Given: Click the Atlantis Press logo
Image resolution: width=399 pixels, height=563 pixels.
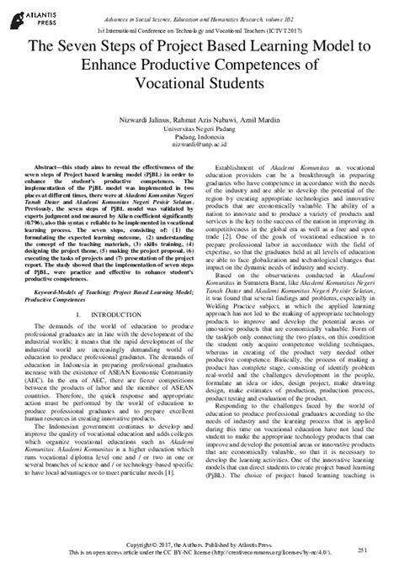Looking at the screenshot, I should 35,16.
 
